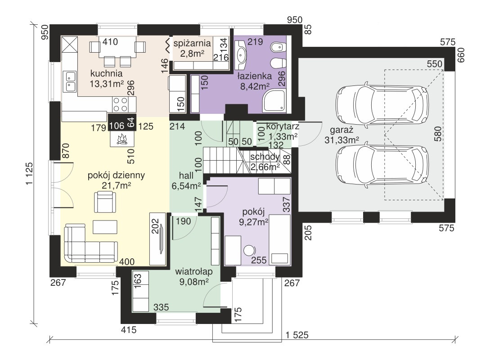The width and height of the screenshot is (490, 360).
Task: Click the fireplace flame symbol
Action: tap(122, 139)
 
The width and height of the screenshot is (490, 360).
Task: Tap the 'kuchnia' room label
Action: tap(106, 74)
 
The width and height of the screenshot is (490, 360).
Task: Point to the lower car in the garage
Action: tap(382, 165)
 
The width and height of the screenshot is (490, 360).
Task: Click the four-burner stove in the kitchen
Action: tap(121, 104)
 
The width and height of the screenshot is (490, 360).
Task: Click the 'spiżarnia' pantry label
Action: tap(192, 43)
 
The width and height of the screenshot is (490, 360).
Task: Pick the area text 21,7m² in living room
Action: tap(116, 185)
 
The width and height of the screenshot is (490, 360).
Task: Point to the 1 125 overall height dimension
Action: tap(29, 174)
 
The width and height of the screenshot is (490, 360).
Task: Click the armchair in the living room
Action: tap(105, 202)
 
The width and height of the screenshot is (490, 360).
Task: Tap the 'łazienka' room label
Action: tap(255, 76)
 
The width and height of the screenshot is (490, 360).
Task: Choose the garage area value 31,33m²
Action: tap(342, 140)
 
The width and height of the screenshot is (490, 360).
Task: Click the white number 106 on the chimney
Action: tap(117, 126)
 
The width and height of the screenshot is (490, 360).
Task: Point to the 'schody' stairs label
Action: tap(265, 157)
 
